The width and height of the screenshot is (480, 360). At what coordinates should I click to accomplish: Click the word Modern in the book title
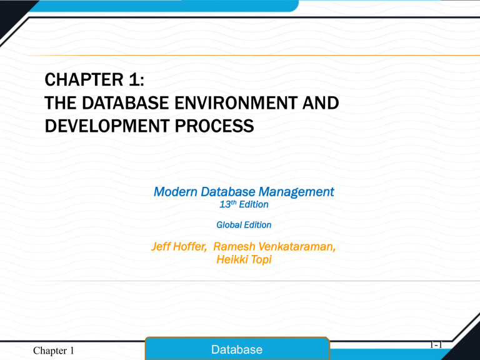click(x=176, y=192)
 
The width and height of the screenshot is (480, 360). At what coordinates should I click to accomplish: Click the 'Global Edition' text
click(x=243, y=224)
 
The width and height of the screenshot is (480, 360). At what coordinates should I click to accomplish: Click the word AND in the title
click(x=323, y=104)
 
